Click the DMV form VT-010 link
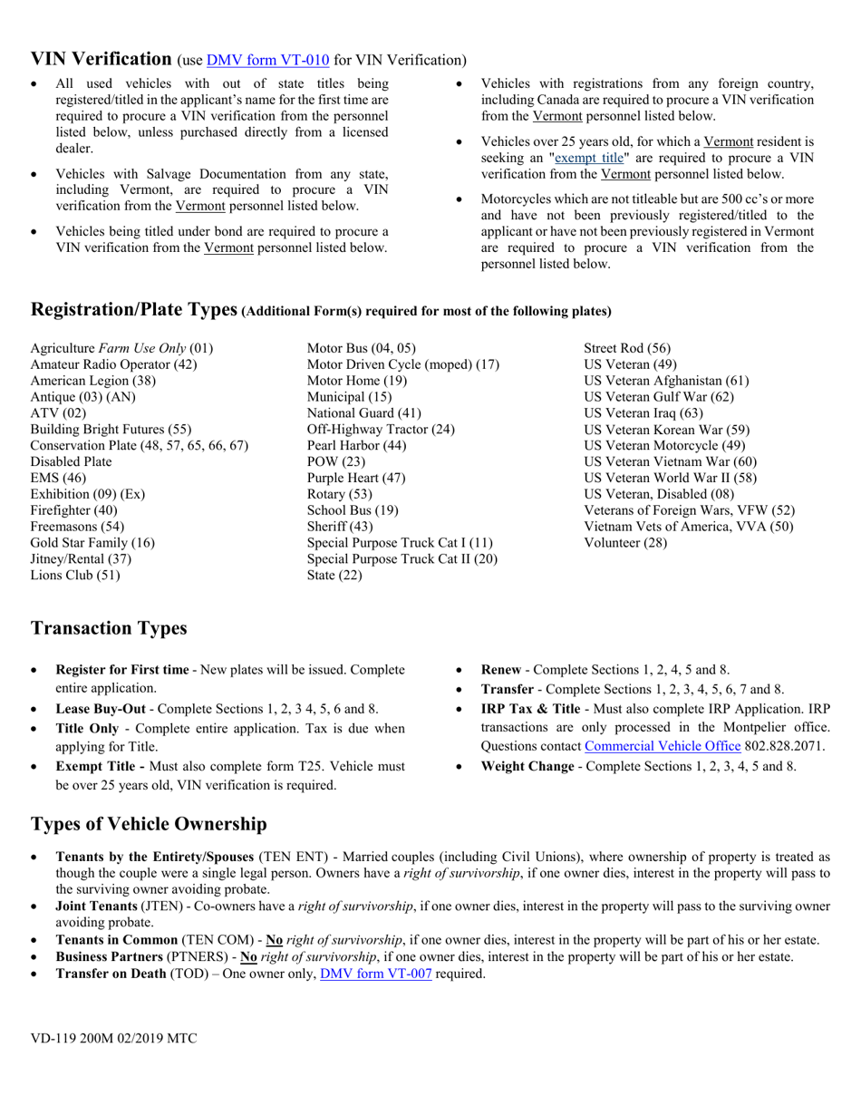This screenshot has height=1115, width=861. [267, 61]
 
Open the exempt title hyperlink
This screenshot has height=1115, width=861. [589, 158]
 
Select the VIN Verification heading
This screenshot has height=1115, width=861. [102, 59]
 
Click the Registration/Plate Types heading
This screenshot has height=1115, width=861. [134, 309]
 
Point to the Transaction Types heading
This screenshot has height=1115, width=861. [109, 628]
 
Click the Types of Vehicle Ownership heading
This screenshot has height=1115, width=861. [149, 824]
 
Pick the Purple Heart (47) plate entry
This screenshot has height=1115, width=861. [356, 478]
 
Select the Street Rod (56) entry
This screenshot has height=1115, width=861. [627, 348]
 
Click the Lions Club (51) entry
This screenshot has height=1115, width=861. [75, 575]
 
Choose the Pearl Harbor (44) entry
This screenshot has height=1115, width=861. [357, 445]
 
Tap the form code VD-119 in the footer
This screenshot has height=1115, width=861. [53, 1039]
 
